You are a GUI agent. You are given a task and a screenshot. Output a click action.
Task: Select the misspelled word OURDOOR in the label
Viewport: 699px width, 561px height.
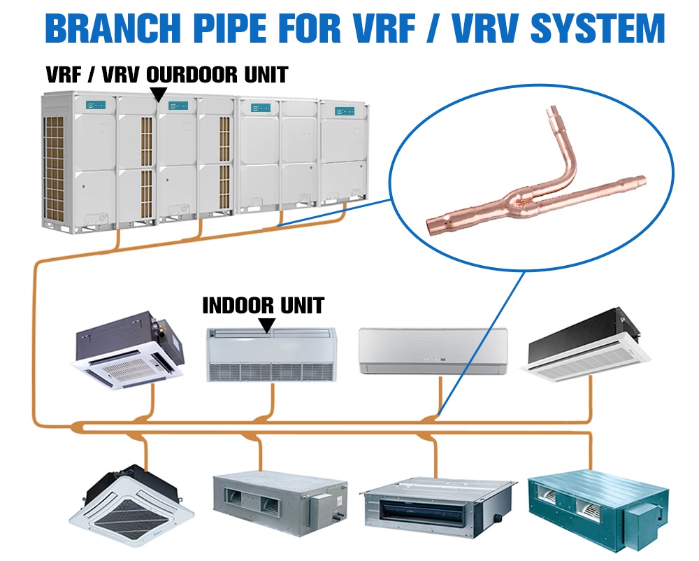tap(189, 74)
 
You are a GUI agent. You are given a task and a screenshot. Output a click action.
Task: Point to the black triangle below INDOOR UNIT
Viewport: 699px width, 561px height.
tap(266, 324)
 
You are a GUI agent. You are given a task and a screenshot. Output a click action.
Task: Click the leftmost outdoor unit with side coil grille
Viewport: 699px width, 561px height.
tap(77, 161)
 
